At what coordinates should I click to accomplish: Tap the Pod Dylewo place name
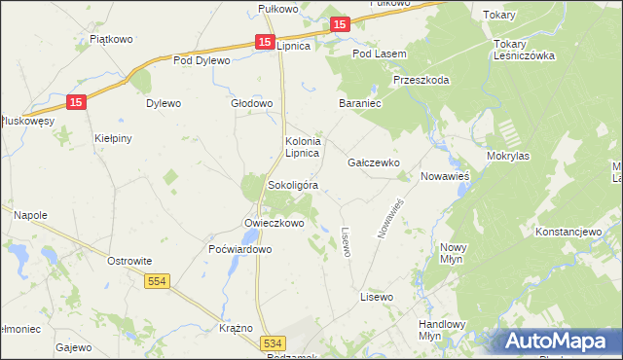point(202,60)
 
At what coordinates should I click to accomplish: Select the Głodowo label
point(251,103)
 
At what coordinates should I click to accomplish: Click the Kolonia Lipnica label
point(302,148)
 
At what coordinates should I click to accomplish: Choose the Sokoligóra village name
point(293,185)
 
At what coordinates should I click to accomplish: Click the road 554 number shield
point(157,281)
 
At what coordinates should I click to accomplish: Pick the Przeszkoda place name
point(421,80)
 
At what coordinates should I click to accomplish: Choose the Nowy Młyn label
point(455,254)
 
